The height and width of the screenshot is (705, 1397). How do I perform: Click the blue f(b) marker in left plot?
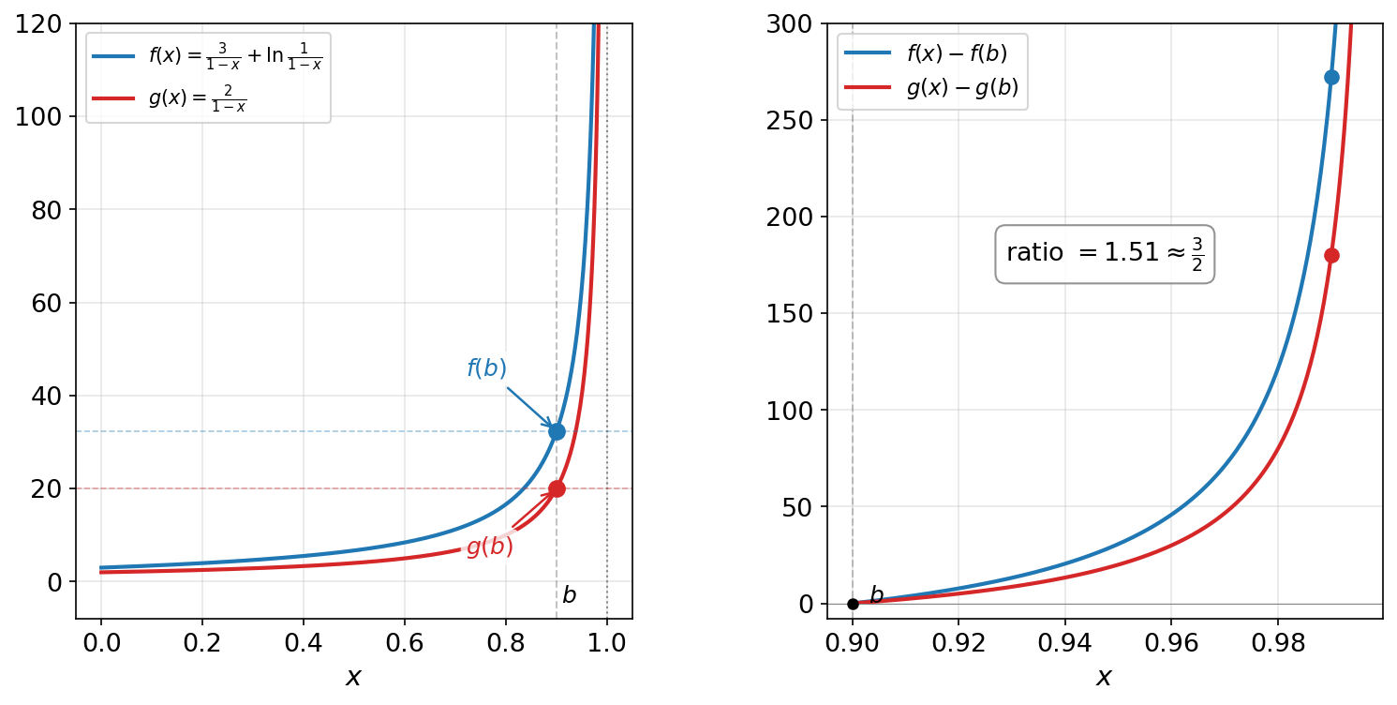(557, 431)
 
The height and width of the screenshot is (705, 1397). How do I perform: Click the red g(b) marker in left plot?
(557, 488)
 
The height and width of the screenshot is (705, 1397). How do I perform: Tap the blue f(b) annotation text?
(486, 368)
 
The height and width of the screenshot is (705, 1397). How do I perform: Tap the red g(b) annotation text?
(490, 547)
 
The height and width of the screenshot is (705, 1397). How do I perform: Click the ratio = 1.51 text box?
(1104, 253)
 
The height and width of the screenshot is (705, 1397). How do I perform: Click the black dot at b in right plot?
(853, 604)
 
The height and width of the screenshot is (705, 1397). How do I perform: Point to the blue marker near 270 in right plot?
(1331, 77)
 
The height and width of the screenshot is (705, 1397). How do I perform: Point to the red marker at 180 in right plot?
(1331, 255)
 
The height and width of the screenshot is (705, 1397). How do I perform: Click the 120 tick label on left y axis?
(45, 24)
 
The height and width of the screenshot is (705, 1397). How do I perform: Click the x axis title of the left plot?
(353, 677)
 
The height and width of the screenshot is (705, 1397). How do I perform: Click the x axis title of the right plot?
(1104, 677)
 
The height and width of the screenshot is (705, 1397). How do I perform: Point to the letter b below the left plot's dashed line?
(569, 595)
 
